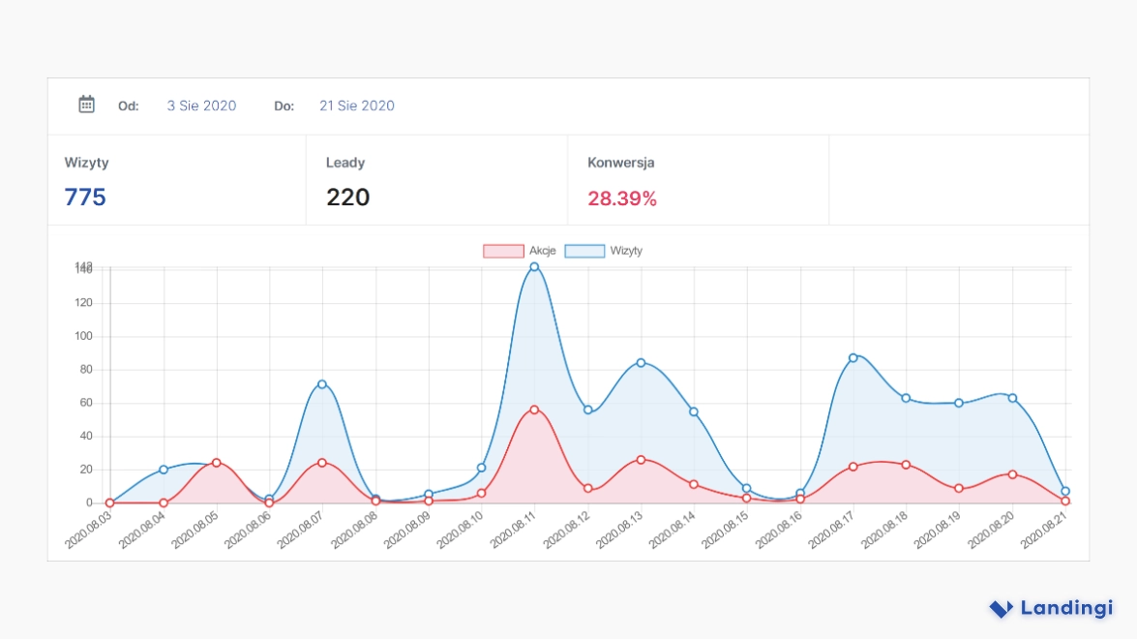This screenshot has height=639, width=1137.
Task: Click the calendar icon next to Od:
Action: point(86,105)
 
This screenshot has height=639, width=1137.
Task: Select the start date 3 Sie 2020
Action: point(201,106)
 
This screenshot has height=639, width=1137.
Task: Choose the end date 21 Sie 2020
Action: point(357,106)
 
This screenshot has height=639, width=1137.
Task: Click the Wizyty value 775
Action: point(85,198)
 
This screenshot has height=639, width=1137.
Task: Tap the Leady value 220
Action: point(347,198)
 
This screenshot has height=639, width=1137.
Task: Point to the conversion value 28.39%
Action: point(622,198)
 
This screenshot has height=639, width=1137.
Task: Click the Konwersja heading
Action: point(620,163)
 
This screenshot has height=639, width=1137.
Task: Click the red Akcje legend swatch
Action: point(503,251)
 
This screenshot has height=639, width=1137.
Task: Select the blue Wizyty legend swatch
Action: point(583,251)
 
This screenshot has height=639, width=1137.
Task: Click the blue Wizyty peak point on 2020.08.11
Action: point(534,267)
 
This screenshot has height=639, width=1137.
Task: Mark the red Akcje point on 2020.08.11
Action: point(534,410)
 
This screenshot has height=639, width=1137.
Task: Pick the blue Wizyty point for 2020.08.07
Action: point(322,384)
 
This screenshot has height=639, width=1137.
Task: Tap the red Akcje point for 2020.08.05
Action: point(217,463)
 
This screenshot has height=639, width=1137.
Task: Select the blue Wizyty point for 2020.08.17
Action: point(853,357)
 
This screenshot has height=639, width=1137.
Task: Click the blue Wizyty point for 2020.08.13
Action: point(641,363)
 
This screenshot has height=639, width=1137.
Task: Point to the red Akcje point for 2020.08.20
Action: point(1012,474)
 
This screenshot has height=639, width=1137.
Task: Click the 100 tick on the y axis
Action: point(83,336)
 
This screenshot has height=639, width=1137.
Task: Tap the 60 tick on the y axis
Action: point(86,403)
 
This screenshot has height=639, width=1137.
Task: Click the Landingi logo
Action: point(1051,608)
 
